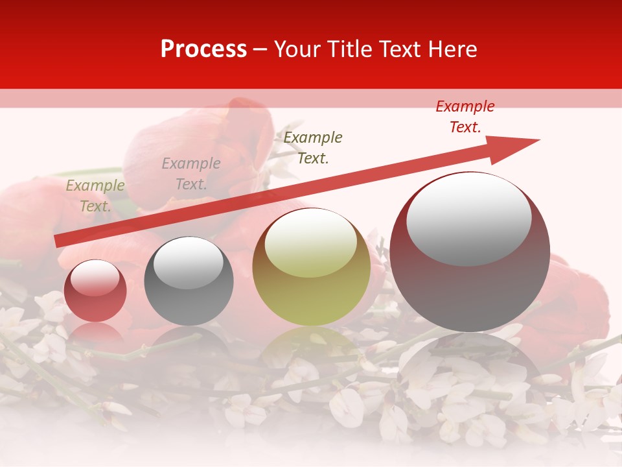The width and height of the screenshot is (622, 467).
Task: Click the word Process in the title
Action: pos(203,49)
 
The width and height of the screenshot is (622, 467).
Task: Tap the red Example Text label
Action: pos(465,117)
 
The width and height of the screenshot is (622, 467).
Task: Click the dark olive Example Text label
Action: pos(313,147)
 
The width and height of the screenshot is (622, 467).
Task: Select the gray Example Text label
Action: pos(190,174)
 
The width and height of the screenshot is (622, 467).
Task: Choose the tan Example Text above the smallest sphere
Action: pos(95,196)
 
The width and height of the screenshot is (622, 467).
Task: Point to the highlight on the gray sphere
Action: pos(189,263)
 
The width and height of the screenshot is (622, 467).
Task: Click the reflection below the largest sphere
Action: pos(470,363)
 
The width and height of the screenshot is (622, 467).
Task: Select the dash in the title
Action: pos(260,49)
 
